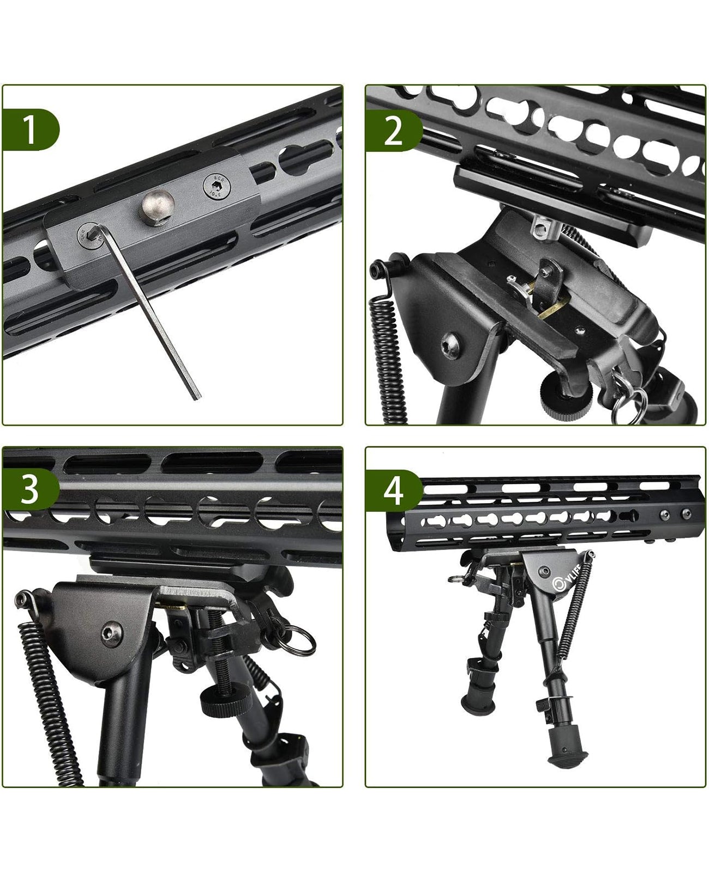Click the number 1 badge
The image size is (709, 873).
point(30,129)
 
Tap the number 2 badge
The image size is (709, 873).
point(393,129)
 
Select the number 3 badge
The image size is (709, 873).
point(30,490)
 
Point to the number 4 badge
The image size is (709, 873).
point(393,490)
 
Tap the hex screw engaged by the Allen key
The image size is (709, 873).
point(86,234)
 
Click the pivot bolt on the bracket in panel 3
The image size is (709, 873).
point(111,633)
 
